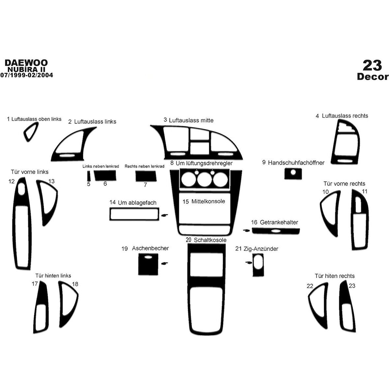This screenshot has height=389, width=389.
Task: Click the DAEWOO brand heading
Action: pos(26,63)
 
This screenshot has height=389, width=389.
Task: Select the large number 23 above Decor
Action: pos(372,65)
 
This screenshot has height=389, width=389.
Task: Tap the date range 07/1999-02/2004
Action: pos(26,75)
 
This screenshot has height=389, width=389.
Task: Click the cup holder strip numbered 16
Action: pos(276,231)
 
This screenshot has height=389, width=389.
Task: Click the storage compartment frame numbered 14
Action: pos(134,214)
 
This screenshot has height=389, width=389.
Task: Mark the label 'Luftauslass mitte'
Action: pos(191,120)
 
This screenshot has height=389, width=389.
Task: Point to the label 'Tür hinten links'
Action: pos(53,276)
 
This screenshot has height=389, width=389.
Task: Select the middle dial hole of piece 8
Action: pos(204,180)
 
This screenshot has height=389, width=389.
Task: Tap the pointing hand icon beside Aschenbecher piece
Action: pos(164,263)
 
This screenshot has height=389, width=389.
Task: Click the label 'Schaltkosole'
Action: pos(210,240)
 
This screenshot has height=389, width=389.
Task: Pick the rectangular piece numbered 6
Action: pos(105,175)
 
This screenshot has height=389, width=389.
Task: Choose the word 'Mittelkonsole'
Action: pos(208,201)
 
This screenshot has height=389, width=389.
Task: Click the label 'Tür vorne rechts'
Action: pos(344,184)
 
